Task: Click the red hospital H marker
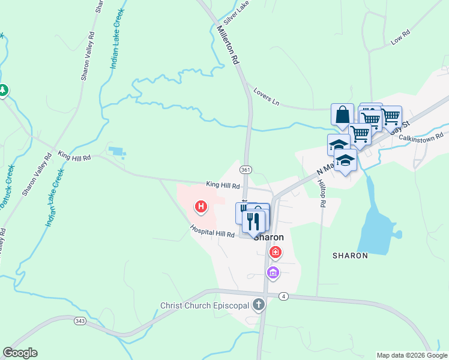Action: pos(201,208)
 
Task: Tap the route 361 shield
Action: pos(246,170)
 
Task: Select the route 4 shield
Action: pos(284,296)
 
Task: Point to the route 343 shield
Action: pos(79,321)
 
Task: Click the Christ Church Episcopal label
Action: pos(205,305)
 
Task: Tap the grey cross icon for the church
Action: pos(259,304)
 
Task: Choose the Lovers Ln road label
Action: pos(267,95)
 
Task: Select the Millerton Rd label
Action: pos(228,46)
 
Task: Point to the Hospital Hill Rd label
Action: pos(212,231)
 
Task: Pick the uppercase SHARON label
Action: pos(350,256)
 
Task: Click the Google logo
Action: pos(20,353)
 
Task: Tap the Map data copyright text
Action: pos(411,355)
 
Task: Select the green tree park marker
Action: pos(3,90)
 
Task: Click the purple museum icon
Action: pos(273,274)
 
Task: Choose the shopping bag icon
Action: pos(342,114)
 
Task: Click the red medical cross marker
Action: pos(276,253)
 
